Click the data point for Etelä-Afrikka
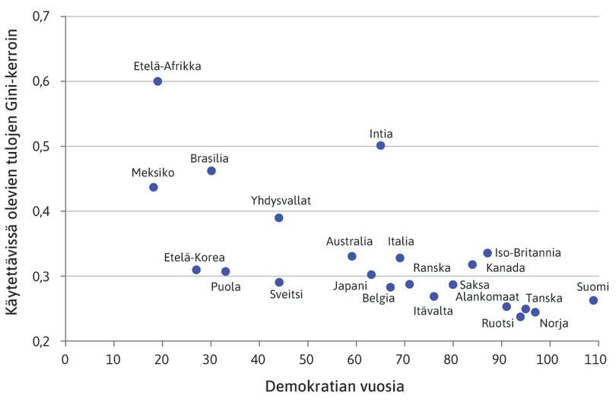pos(157,81)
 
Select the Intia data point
pos(380,145)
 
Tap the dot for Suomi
pos(593,300)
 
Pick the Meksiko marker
pos(154,187)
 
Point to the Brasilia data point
pos(211,171)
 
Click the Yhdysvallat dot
pos(279,218)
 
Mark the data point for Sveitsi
pos(279,283)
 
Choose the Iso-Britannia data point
pos(487,253)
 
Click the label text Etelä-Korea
pos(195,257)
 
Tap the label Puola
pos(226,287)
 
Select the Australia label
pos(350,242)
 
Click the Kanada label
pos(505,267)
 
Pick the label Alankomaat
pos(487,296)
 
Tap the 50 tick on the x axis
pos(307,357)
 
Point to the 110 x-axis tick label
pos(596,357)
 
